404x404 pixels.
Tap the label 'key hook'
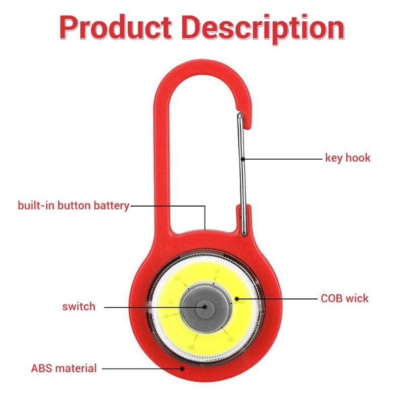pyautogui.click(x=347, y=158)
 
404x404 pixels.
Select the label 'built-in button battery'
pyautogui.click(x=73, y=206)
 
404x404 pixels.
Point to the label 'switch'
pyautogui.click(x=79, y=306)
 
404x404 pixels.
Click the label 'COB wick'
pyautogui.click(x=344, y=298)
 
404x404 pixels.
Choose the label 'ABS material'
pyautogui.click(x=64, y=368)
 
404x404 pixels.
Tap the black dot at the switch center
pyautogui.click(x=204, y=307)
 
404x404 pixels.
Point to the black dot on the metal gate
pyautogui.click(x=243, y=159)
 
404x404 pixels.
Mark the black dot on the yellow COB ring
pyautogui.click(x=236, y=299)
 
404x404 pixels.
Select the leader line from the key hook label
pyautogui.click(x=283, y=159)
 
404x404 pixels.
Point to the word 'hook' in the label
pyautogui.click(x=358, y=158)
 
